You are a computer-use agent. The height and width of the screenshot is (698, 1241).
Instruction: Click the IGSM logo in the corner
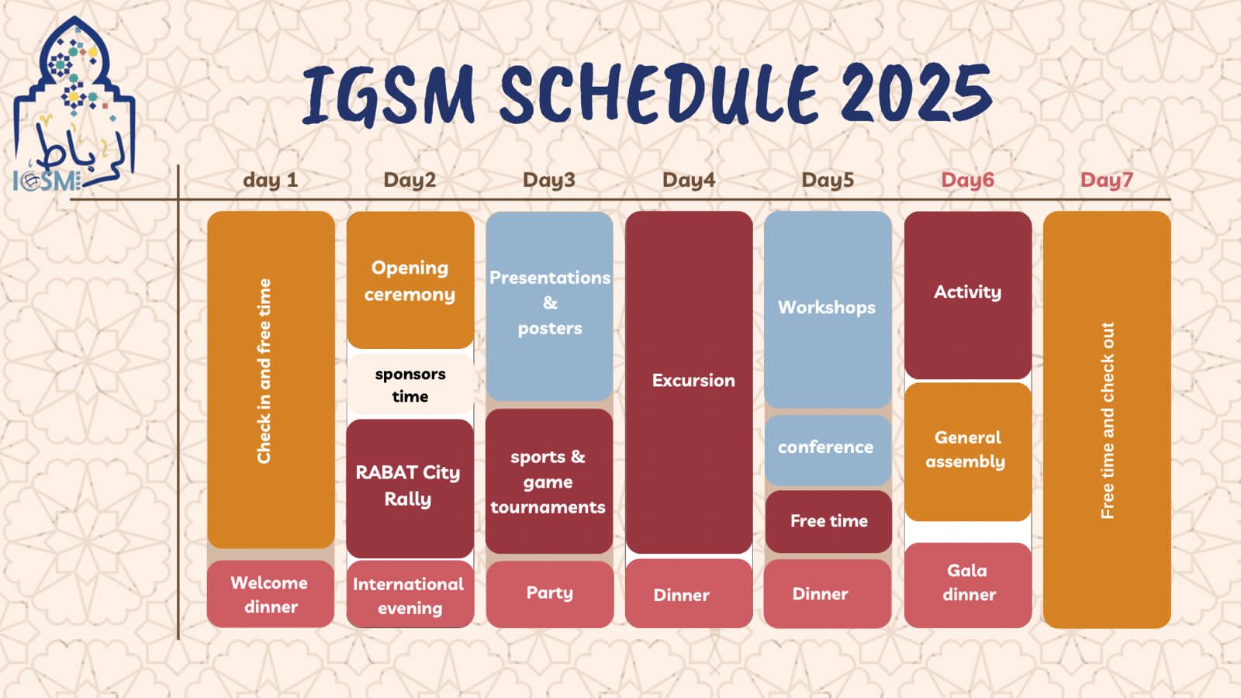tap(74, 105)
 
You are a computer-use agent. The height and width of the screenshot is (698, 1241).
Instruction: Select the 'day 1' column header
tap(271, 180)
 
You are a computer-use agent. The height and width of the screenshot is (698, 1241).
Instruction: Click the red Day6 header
tap(967, 180)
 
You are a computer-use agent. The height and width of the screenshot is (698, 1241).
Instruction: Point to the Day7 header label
tap(1106, 180)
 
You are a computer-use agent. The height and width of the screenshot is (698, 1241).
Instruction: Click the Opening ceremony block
tap(410, 280)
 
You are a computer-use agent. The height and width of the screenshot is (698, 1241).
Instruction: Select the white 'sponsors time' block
tap(410, 385)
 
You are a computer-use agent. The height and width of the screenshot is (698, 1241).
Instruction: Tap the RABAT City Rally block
tap(410, 488)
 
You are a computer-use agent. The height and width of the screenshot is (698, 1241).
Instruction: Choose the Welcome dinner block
tap(271, 594)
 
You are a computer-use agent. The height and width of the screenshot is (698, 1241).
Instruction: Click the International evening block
tap(410, 594)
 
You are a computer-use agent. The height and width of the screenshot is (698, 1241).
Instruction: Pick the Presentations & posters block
tap(550, 306)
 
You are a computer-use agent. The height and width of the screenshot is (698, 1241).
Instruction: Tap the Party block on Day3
tap(550, 594)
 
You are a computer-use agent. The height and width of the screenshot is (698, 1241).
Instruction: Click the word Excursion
tap(693, 381)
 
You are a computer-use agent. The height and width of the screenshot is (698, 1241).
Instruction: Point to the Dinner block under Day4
tap(689, 593)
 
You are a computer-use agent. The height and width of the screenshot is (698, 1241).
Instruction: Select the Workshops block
tap(828, 309)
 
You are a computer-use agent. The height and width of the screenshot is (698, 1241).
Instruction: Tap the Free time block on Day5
tap(828, 521)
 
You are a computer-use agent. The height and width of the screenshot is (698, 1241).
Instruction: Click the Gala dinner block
tap(968, 585)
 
